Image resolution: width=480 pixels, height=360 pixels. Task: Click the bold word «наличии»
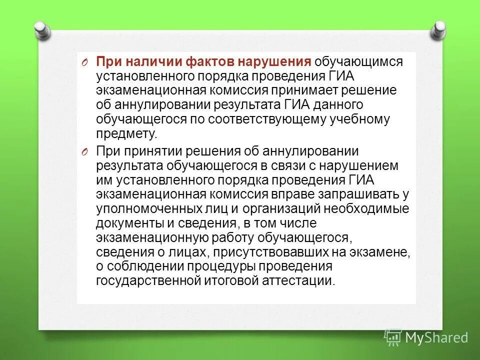(x=150, y=62)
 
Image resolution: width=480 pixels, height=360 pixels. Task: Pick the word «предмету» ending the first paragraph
(x=126, y=133)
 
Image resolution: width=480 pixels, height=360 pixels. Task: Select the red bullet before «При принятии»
(x=85, y=151)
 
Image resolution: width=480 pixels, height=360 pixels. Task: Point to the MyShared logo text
(x=436, y=337)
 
